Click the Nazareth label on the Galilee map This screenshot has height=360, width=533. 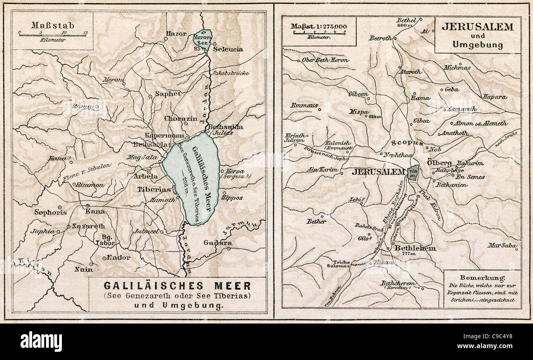[89, 226]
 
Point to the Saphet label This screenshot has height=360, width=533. [167, 94]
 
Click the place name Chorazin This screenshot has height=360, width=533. [180, 118]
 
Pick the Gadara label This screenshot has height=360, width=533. [218, 243]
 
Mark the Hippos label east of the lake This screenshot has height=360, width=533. [232, 198]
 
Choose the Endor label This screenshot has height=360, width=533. [118, 257]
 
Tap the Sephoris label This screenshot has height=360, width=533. [44, 212]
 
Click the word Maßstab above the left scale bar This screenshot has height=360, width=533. [52, 25]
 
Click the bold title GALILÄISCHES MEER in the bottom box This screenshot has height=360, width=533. [177, 285]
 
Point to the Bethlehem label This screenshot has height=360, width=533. [415, 248]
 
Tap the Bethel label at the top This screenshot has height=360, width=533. [406, 21]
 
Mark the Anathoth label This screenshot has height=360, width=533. [454, 133]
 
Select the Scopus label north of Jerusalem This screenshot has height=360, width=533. [407, 143]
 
